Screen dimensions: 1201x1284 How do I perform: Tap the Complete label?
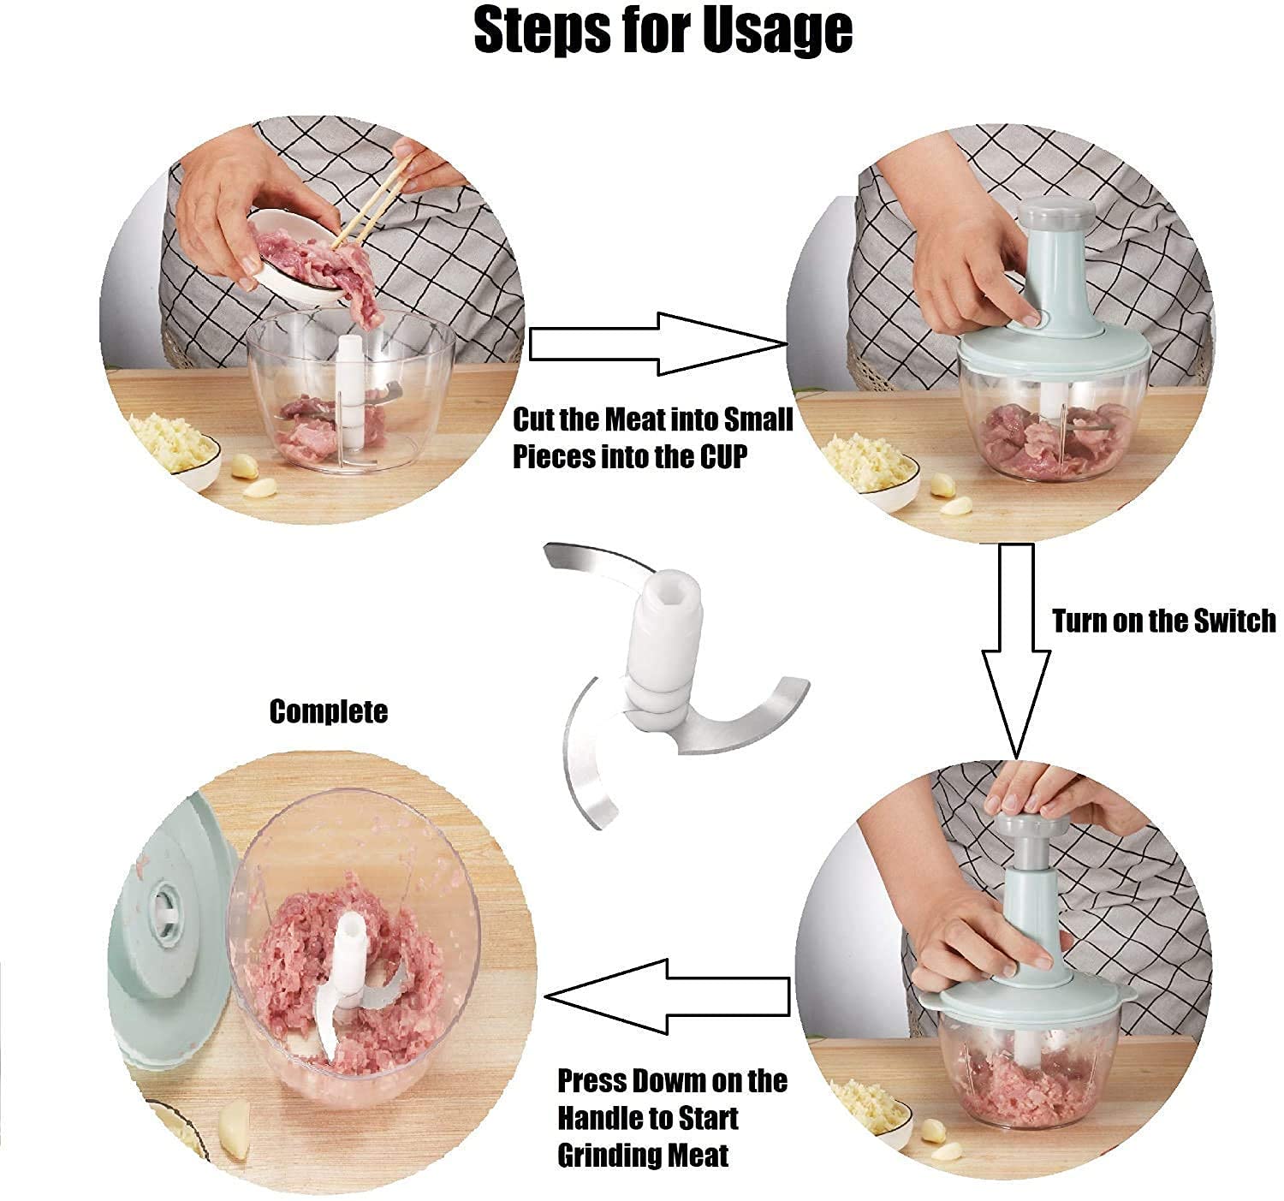coord(329,711)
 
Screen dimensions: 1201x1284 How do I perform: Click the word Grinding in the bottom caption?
coord(609,1156)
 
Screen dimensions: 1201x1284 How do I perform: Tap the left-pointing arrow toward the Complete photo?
coord(668,996)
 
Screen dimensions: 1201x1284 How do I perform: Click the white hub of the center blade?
coord(664,629)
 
